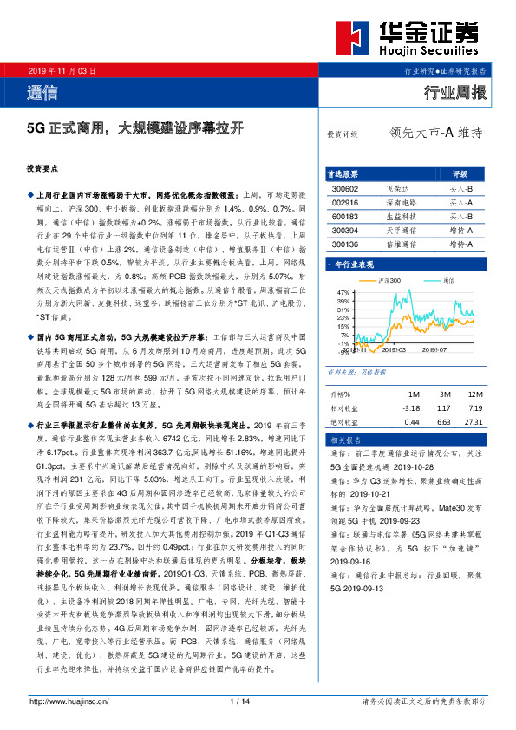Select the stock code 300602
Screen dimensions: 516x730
click(345, 188)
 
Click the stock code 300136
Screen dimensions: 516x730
click(345, 244)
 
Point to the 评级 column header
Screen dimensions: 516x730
click(460, 173)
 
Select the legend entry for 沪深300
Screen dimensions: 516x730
click(389, 282)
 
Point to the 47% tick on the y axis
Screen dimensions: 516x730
click(343, 293)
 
